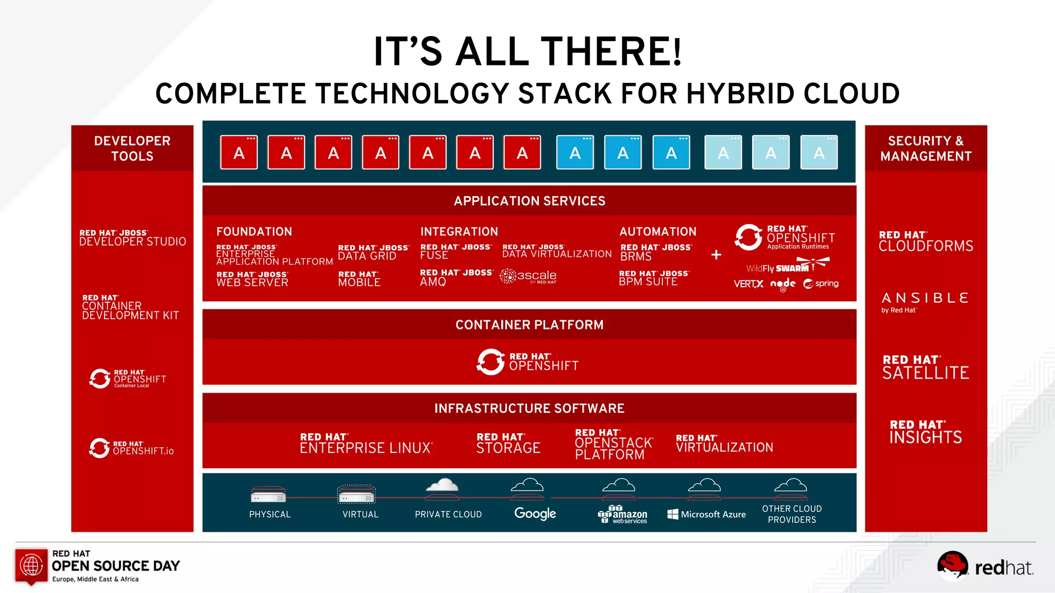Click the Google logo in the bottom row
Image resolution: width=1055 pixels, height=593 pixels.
[x=535, y=513]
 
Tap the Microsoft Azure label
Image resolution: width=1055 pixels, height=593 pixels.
[x=706, y=514]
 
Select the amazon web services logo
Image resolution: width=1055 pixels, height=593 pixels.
[x=622, y=514]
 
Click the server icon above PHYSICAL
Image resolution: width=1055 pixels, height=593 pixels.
[x=268, y=495]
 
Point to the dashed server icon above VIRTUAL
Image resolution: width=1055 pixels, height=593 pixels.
[x=356, y=495]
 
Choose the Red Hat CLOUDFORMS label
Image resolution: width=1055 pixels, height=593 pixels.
[x=926, y=241]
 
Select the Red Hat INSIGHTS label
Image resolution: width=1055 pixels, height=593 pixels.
[x=925, y=432]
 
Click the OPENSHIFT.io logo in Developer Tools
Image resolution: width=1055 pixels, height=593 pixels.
[x=131, y=448]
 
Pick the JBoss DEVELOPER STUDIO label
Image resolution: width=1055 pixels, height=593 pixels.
[x=132, y=238]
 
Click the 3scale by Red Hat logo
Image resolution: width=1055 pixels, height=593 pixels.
[x=529, y=276]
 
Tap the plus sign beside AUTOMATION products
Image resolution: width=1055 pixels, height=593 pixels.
[x=716, y=255]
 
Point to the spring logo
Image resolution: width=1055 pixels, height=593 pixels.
[x=821, y=284]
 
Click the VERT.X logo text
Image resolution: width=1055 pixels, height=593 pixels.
[x=748, y=284]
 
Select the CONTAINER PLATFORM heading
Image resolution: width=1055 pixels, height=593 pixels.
[x=529, y=325]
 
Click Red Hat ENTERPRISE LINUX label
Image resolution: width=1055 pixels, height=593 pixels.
[x=366, y=443]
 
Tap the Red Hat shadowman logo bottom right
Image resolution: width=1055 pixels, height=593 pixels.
[x=952, y=565]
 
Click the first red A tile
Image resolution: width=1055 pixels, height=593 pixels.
[x=239, y=152]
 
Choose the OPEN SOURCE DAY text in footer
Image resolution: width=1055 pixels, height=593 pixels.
[x=115, y=566]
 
